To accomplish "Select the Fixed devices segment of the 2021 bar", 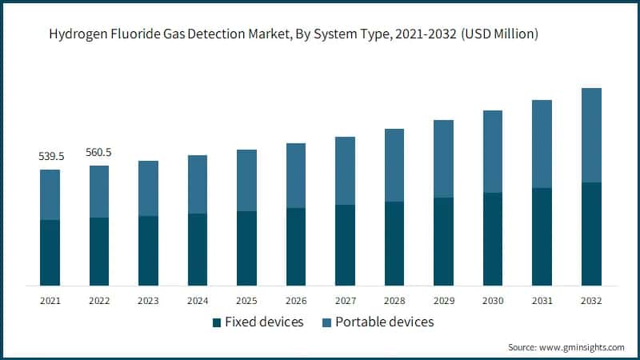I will tap(50, 252).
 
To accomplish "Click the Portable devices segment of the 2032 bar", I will tap(591, 135).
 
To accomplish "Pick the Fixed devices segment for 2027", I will tap(346, 245).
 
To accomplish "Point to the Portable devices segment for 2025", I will tap(247, 180).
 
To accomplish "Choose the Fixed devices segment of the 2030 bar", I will tap(493, 238).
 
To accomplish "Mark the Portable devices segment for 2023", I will tap(148, 188).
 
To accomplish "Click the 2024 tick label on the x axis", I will tap(198, 300).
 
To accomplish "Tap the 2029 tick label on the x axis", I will tap(444, 300).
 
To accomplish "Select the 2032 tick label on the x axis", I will tap(591, 300).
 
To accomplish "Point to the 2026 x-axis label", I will tap(296, 300).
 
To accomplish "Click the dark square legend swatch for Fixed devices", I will tap(216, 322).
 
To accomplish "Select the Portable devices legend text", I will tap(385, 322).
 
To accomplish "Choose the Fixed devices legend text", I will tap(264, 322).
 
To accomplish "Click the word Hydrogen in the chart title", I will tap(78, 34).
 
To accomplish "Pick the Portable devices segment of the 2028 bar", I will tap(394, 165).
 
